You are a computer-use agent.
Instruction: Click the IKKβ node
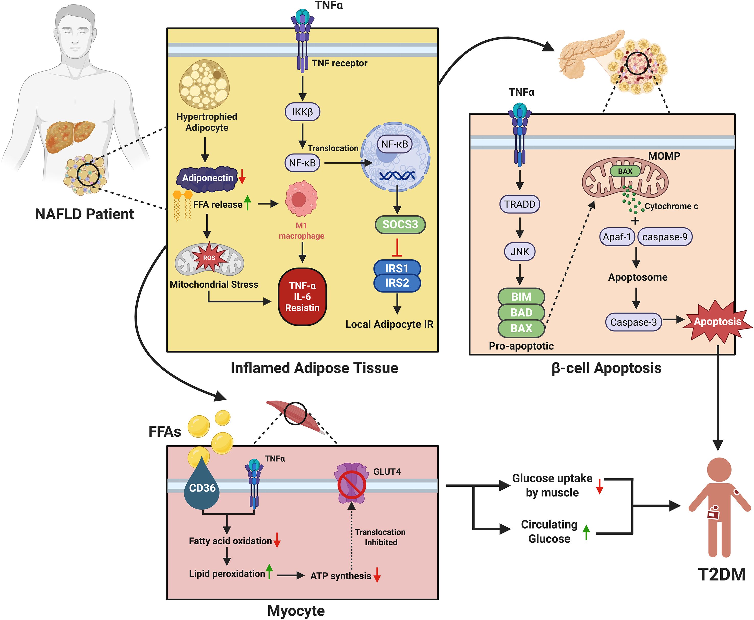pos(302,112)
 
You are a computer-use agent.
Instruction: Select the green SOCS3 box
pos(400,224)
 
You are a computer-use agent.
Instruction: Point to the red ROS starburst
pos(209,258)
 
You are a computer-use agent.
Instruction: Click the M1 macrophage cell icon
pos(301,198)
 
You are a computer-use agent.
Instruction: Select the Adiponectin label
pos(207,178)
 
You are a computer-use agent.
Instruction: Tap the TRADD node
pos(519,204)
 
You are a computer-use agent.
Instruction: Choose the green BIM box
pos(521,296)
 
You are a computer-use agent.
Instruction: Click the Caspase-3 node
pos(633,322)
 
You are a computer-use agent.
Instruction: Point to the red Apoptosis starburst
pos(717,321)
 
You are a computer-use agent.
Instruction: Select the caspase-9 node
pos(664,237)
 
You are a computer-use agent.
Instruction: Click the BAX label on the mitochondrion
pos(625,171)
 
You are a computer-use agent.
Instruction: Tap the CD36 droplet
pos(202,487)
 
